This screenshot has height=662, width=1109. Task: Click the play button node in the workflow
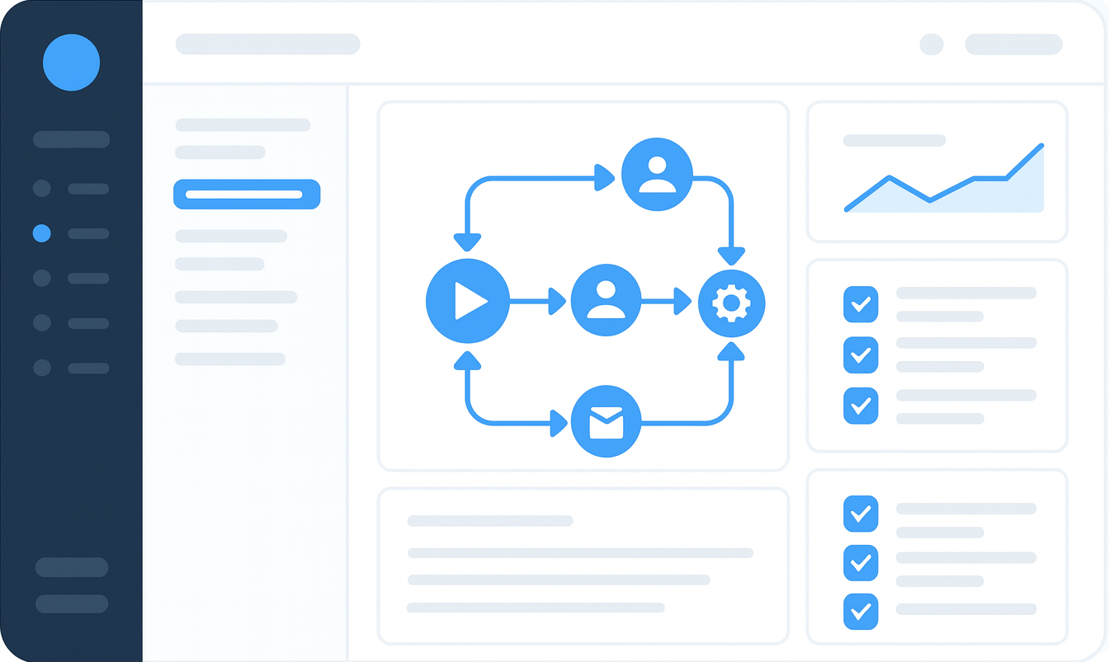pyautogui.click(x=467, y=301)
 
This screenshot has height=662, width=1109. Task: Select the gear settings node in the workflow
pyautogui.click(x=731, y=303)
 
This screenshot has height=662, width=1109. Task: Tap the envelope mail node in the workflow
pyautogui.click(x=606, y=421)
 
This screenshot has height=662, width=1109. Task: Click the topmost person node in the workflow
pyautogui.click(x=657, y=175)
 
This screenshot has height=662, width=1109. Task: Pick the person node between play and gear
pyautogui.click(x=606, y=301)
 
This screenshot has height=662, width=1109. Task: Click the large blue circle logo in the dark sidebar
pyautogui.click(x=72, y=62)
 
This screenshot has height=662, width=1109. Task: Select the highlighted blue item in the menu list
pyautogui.click(x=247, y=195)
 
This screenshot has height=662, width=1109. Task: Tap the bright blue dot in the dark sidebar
pyautogui.click(x=42, y=233)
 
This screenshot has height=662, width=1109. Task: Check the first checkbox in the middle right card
pyautogui.click(x=861, y=304)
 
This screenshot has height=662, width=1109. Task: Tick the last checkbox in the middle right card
pyautogui.click(x=861, y=406)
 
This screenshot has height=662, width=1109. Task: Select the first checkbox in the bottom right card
pyautogui.click(x=861, y=514)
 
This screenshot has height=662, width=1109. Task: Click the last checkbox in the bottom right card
pyautogui.click(x=861, y=611)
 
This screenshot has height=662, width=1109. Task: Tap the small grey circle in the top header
pyautogui.click(x=932, y=45)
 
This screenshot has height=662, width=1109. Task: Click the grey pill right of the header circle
pyautogui.click(x=1013, y=45)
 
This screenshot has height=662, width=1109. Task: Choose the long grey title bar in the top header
pyautogui.click(x=267, y=45)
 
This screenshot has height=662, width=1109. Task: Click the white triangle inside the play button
pyautogui.click(x=469, y=301)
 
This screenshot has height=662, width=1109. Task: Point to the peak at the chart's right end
pyautogui.click(x=1041, y=146)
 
